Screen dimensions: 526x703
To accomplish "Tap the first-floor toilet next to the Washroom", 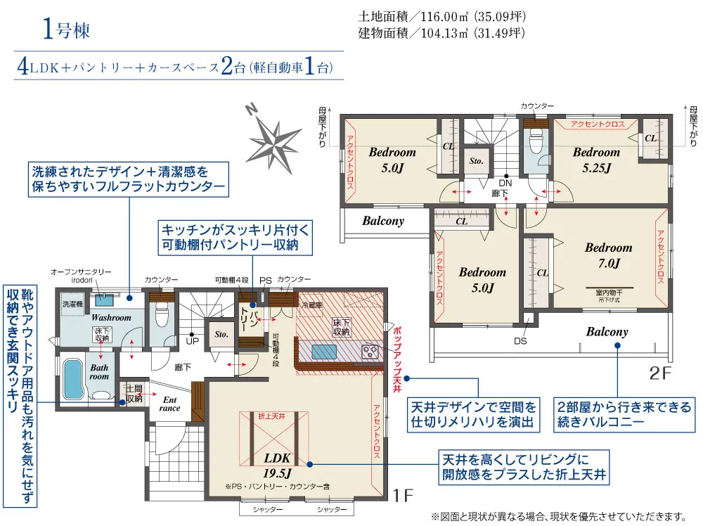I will point(162,314).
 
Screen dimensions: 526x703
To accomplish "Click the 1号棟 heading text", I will point(66,30).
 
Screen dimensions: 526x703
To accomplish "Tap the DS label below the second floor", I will point(520,341).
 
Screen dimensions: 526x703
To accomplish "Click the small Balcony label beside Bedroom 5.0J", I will point(383,221).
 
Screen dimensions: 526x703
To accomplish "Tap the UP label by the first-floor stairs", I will point(191,341).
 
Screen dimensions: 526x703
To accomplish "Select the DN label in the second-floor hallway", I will point(505,182).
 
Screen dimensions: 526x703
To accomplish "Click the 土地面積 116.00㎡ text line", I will point(442,15).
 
